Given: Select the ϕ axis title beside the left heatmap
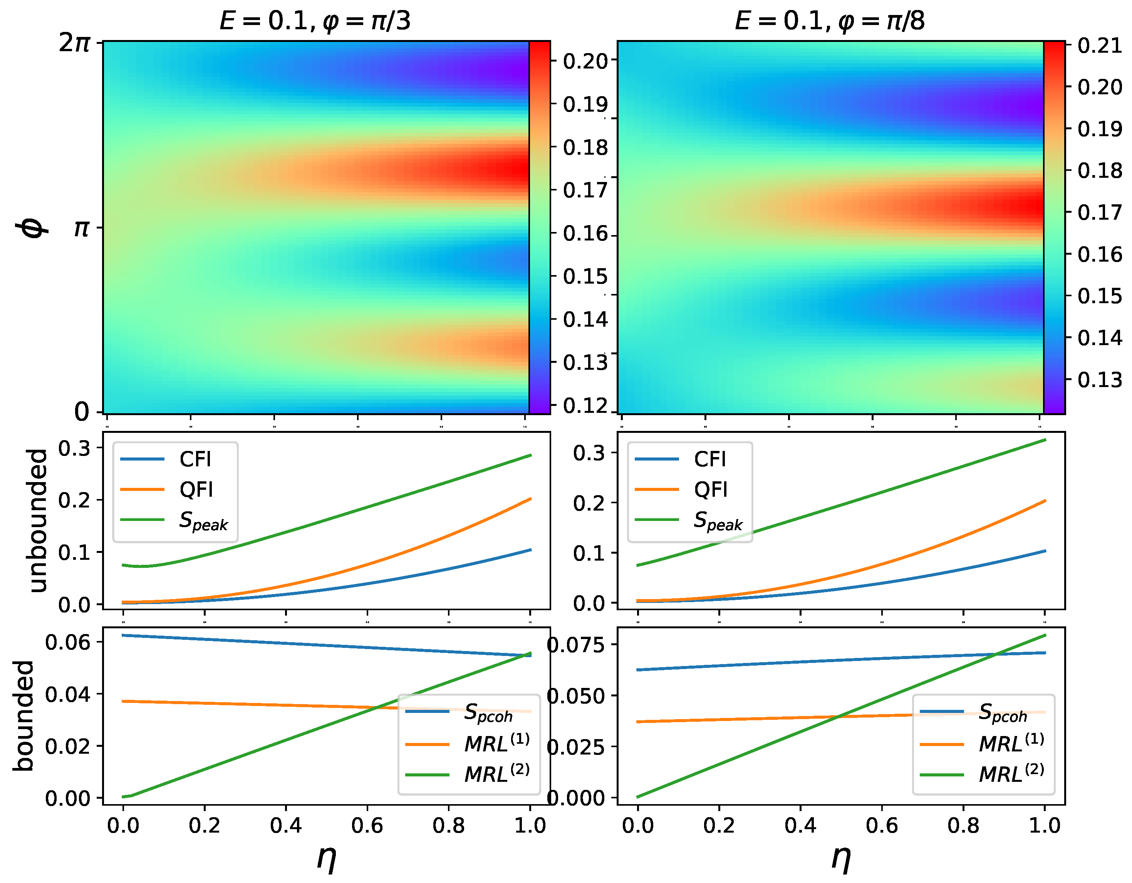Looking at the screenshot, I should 32,228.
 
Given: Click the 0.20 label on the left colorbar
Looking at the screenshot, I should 585,62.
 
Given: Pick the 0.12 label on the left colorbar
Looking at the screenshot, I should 585,406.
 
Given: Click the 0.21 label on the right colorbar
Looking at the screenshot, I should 1099,46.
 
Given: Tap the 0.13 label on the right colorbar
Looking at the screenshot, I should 1099,380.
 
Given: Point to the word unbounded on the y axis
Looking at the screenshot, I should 39,521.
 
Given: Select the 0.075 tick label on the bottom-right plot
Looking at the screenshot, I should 575,645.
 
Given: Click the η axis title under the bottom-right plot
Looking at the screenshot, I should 841,857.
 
